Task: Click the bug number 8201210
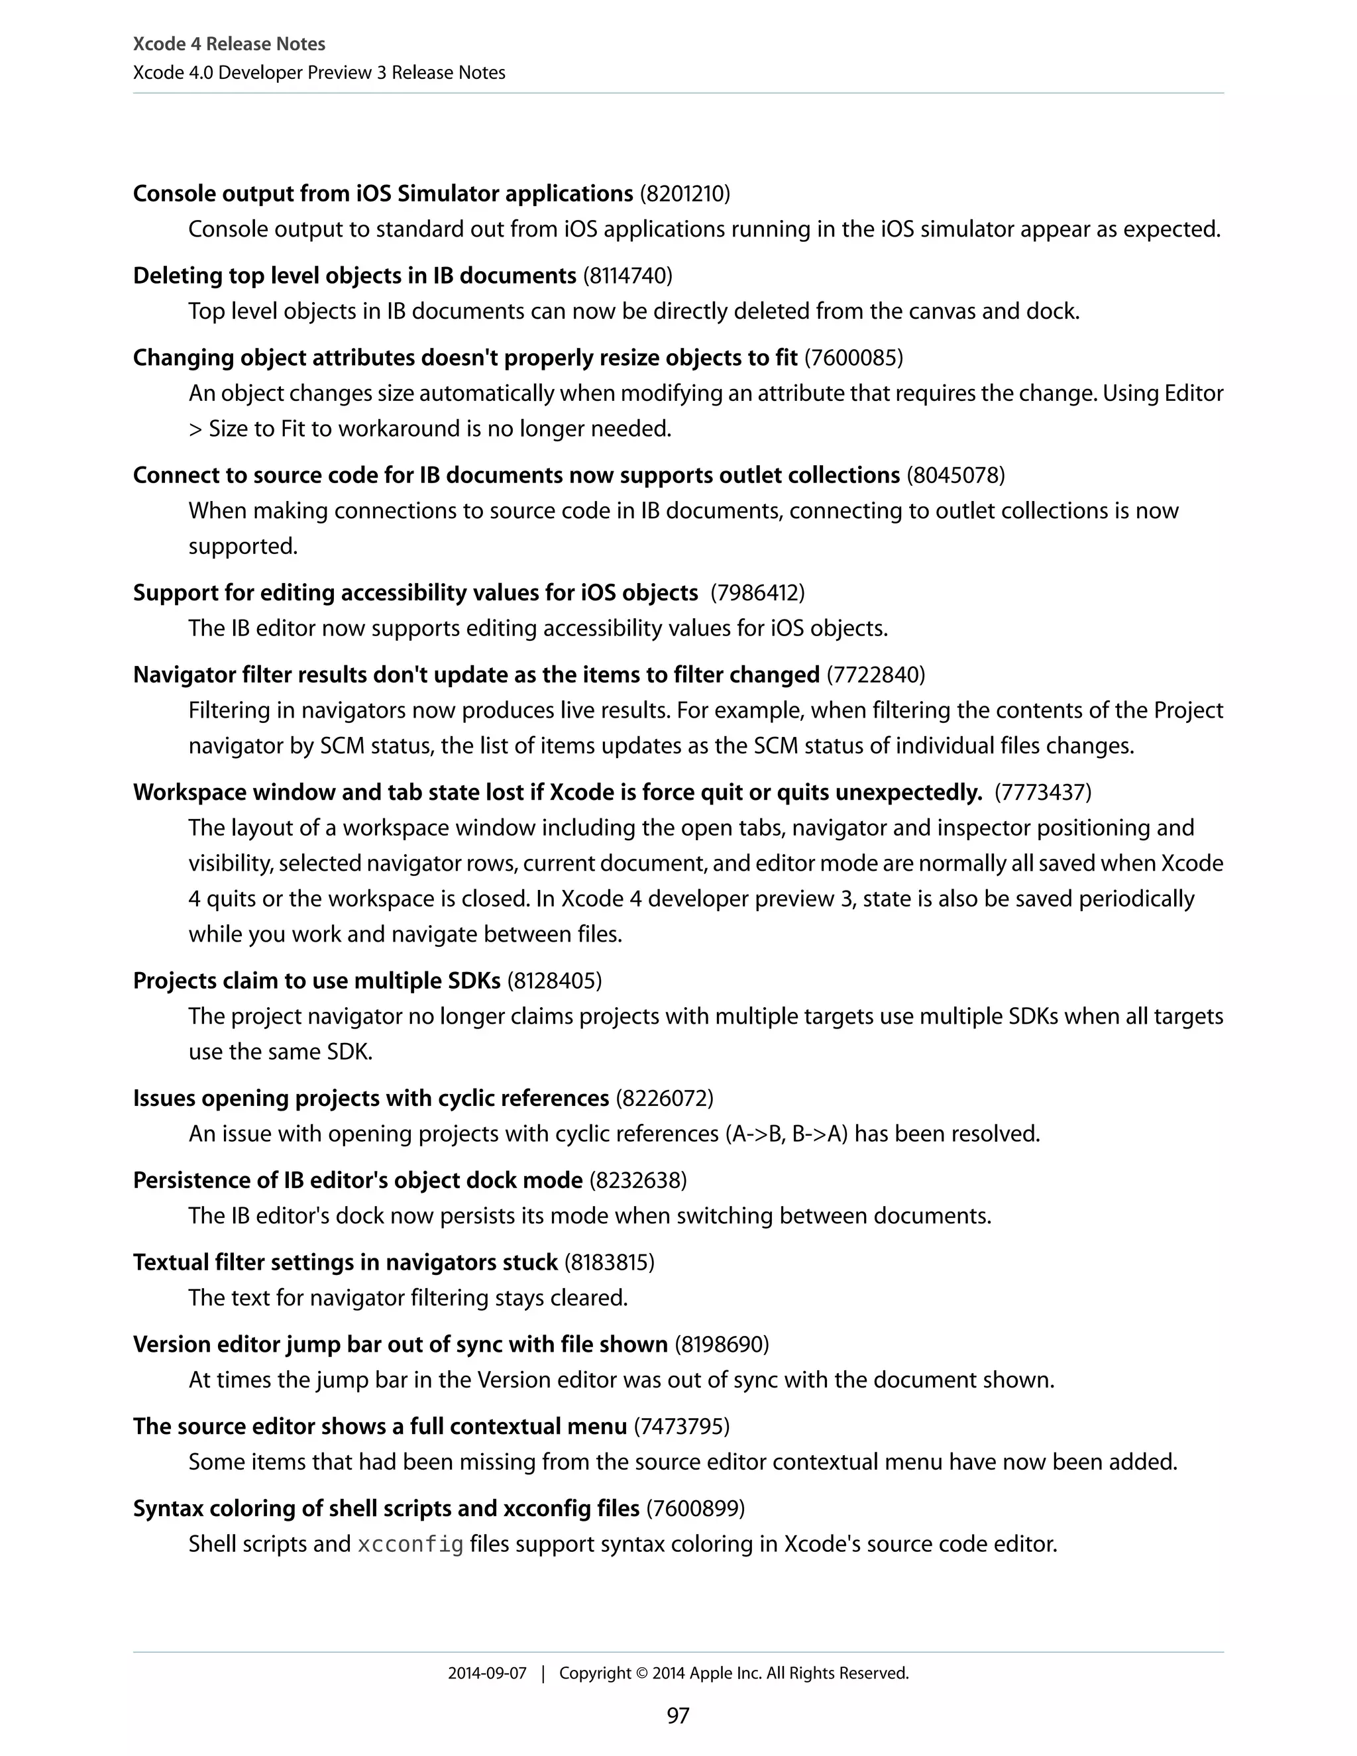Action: click(x=685, y=193)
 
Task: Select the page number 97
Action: click(x=678, y=1716)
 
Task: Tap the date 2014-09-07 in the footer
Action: click(x=486, y=1673)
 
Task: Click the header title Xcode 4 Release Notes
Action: click(x=229, y=44)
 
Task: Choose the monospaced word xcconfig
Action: click(x=410, y=1545)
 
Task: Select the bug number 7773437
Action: click(x=1043, y=793)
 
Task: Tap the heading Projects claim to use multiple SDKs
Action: click(x=317, y=981)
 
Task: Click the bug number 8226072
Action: click(x=664, y=1098)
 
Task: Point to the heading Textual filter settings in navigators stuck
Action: click(x=345, y=1262)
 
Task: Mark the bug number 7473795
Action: click(x=682, y=1427)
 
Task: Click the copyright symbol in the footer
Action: click(x=641, y=1673)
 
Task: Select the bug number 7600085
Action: click(x=853, y=358)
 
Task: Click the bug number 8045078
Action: click(x=956, y=475)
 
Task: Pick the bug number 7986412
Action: click(x=757, y=592)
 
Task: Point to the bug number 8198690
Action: click(x=721, y=1344)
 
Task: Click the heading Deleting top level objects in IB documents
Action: click(x=354, y=276)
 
